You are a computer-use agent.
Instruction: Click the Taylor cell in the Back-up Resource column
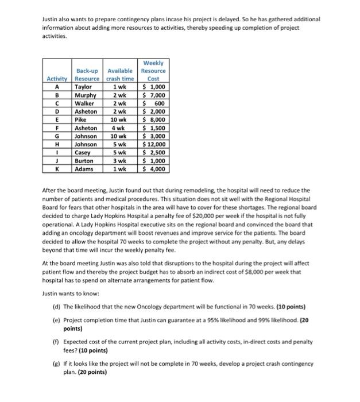[x=84, y=87]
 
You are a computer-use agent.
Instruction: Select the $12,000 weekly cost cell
[x=153, y=145]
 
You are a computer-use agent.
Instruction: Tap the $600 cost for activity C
[x=153, y=103]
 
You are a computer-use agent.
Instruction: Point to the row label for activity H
[x=57, y=145]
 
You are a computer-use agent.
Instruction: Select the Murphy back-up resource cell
[x=86, y=95]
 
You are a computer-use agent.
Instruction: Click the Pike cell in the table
[x=81, y=120]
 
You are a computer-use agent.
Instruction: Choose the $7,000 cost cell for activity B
[x=153, y=95]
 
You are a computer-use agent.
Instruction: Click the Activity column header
[x=57, y=79]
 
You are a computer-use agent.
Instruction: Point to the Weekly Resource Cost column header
[x=153, y=71]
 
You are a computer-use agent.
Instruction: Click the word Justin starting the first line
[x=51, y=20]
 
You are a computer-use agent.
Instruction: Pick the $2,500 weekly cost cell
[x=153, y=153]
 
